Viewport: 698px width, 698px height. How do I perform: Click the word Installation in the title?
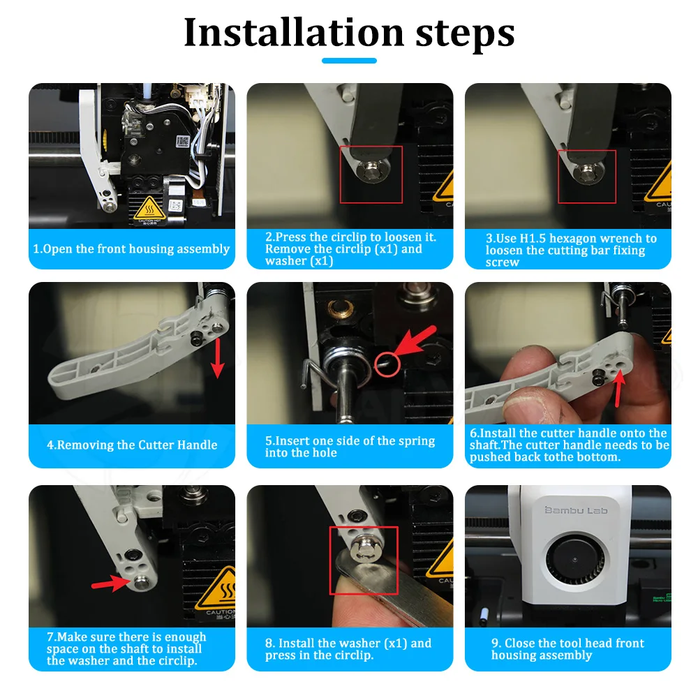(x=294, y=32)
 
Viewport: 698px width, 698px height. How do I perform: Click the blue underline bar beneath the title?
(x=349, y=61)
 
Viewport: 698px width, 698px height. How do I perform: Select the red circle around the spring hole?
(x=387, y=364)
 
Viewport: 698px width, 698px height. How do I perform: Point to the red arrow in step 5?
(x=415, y=340)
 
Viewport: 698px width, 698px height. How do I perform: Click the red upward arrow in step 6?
(x=618, y=387)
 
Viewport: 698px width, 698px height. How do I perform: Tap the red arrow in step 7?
(x=110, y=583)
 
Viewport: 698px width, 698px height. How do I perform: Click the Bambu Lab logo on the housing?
(x=576, y=510)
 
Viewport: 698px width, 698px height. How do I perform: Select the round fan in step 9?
(x=574, y=559)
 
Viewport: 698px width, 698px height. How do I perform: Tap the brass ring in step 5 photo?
(x=340, y=306)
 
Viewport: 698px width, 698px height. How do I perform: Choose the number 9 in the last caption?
(x=496, y=644)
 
